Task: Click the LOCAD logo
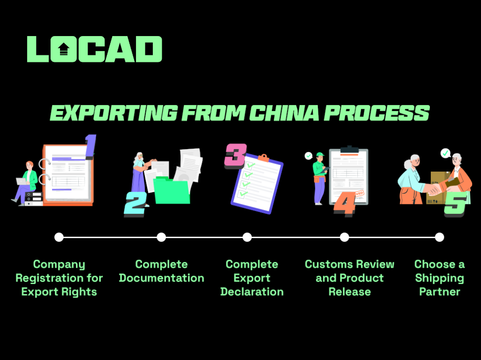click(x=95, y=49)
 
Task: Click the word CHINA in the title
click(x=284, y=113)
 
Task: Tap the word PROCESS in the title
click(x=377, y=113)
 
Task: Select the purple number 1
click(x=90, y=147)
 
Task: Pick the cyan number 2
click(x=135, y=203)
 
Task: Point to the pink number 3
click(x=235, y=156)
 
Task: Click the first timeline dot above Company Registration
click(x=59, y=237)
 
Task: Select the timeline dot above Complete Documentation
click(x=161, y=237)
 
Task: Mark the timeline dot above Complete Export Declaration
click(x=247, y=237)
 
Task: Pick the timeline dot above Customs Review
click(x=345, y=237)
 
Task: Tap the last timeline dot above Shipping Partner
click(x=440, y=237)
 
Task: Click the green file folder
click(x=171, y=191)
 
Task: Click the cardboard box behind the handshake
click(x=439, y=187)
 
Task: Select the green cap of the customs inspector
click(x=320, y=154)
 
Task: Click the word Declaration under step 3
click(x=252, y=292)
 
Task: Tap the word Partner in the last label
click(x=440, y=292)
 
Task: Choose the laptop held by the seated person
click(x=22, y=181)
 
